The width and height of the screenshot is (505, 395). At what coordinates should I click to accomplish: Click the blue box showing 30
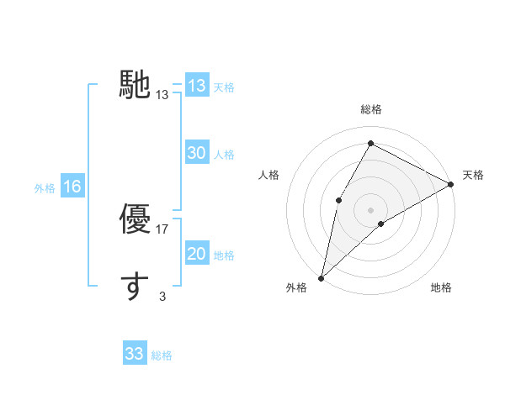(x=197, y=153)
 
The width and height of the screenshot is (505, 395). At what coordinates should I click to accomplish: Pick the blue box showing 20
(x=197, y=254)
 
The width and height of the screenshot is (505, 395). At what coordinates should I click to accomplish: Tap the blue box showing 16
(x=72, y=187)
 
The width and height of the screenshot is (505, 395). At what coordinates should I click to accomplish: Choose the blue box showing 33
(x=135, y=354)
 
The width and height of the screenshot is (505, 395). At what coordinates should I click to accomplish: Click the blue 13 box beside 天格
(x=197, y=86)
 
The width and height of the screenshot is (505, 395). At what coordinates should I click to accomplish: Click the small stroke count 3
(x=162, y=296)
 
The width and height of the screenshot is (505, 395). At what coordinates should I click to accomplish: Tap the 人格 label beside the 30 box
(x=224, y=155)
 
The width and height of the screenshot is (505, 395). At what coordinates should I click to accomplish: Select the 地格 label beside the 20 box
(x=224, y=255)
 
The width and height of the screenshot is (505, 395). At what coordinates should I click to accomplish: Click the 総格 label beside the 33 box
(x=162, y=355)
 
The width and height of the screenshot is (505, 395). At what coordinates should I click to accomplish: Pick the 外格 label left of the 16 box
(x=45, y=188)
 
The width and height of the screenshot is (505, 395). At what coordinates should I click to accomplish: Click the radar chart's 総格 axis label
(x=370, y=109)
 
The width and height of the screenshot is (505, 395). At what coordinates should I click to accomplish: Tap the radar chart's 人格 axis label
(x=269, y=175)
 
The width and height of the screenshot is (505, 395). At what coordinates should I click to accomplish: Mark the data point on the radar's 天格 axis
(x=452, y=184)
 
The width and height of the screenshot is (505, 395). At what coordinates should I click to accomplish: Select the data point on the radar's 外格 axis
(x=321, y=278)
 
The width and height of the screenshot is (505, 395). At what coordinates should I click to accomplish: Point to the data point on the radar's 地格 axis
(x=381, y=224)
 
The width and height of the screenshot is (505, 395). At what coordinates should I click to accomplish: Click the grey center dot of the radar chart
(x=370, y=209)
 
